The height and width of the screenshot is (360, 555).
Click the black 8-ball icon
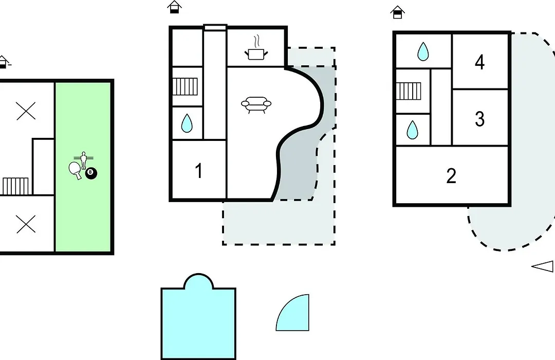tap(91, 173)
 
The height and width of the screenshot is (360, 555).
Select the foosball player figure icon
tap(84, 160)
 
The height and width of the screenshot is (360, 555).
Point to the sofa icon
tap(256, 104)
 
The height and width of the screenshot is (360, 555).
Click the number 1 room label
tap(199, 170)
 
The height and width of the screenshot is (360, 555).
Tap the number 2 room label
tap(451, 176)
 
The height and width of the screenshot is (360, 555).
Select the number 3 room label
tap(479, 119)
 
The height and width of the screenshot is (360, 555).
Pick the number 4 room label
tap(479, 62)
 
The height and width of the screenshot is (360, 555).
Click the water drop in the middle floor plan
tap(187, 123)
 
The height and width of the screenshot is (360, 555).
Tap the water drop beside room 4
tap(423, 52)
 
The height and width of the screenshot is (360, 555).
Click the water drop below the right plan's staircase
tap(412, 130)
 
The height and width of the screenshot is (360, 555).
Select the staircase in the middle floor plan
tap(185, 86)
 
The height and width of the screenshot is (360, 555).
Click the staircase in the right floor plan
tap(409, 91)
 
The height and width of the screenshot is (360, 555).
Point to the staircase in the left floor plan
tap(15, 186)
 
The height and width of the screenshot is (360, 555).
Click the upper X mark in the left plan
tap(26, 111)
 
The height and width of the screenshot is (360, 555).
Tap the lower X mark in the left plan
tap(26, 224)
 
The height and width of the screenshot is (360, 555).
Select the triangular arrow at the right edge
tap(543, 266)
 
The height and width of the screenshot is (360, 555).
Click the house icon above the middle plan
tap(174, 7)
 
